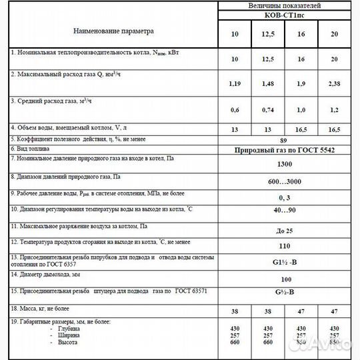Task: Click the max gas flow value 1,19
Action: pyautogui.click(x=234, y=85)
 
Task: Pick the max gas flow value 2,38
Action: pyautogui.click(x=335, y=85)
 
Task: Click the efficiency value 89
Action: pyautogui.click(x=285, y=141)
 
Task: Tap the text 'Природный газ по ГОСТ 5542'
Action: pyautogui.click(x=285, y=150)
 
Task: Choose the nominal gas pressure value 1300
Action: pyautogui.click(x=285, y=164)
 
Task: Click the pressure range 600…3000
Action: pyautogui.click(x=285, y=181)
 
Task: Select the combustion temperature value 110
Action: pyautogui.click(x=285, y=246)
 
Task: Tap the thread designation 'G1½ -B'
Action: pyautogui.click(x=285, y=262)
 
